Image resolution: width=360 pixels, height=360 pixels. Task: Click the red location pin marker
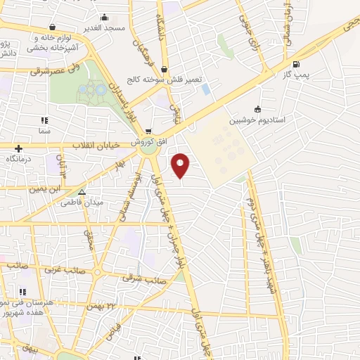(181, 165)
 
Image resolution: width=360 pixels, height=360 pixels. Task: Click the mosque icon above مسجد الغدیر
(105, 18)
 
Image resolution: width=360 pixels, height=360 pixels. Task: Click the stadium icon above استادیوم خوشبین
(257, 109)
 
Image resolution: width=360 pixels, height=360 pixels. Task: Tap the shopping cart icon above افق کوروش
(148, 131)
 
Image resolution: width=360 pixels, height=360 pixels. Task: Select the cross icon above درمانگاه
(18, 148)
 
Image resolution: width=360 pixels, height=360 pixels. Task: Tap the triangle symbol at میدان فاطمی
(82, 191)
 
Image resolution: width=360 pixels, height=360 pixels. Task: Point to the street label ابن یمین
(46, 188)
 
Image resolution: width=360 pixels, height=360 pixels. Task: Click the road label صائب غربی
(65, 269)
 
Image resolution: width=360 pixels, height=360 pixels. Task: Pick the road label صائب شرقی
(143, 278)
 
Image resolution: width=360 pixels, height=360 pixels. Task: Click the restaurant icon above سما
(45, 120)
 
